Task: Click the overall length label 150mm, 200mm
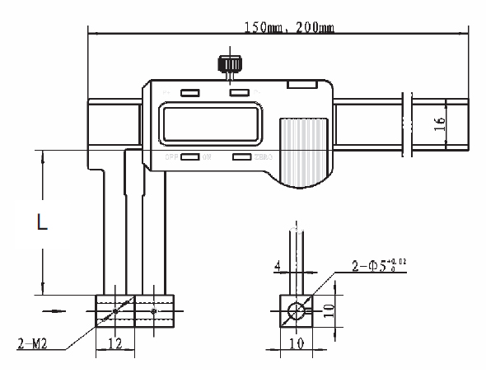tap(289, 27)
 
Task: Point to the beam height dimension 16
tap(439, 124)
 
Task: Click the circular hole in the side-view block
tap(295, 310)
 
